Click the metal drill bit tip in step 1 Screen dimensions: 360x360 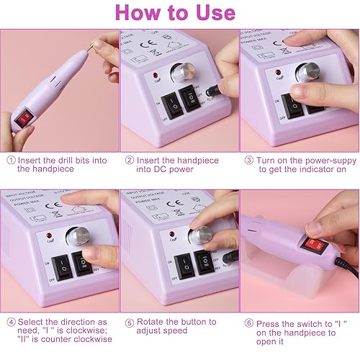click(x=89, y=45)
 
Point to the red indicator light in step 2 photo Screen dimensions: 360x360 click(x=156, y=75)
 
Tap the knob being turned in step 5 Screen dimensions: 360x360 click(x=199, y=235)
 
